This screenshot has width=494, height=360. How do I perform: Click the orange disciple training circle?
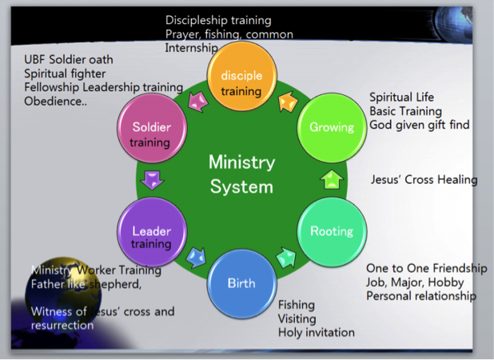pyautogui.click(x=241, y=82)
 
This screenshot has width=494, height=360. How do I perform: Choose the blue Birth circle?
pyautogui.click(x=241, y=283)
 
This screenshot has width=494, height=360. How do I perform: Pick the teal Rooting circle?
pyautogui.click(x=332, y=231)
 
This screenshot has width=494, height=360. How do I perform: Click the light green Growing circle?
pyautogui.click(x=332, y=127)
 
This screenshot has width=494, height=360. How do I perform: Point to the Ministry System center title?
pyautogui.click(x=241, y=174)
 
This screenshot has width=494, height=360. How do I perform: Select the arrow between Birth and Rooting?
pyautogui.click(x=285, y=258)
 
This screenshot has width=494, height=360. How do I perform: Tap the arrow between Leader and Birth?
pyautogui.click(x=196, y=258)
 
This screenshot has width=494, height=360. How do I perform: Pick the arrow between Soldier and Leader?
pyautogui.click(x=151, y=178)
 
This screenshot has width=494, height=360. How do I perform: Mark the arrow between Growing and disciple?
pyautogui.click(x=286, y=102)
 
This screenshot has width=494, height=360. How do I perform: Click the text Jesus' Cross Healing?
pyautogui.click(x=424, y=180)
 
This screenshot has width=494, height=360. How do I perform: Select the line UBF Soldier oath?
pyautogui.click(x=68, y=59)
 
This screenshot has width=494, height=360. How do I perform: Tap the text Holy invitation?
pyautogui.click(x=316, y=332)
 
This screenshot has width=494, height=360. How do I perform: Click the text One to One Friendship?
pyautogui.click(x=426, y=268)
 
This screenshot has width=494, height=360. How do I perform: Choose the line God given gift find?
pyautogui.click(x=419, y=125)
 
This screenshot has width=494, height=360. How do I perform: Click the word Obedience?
pyautogui.click(x=54, y=102)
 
